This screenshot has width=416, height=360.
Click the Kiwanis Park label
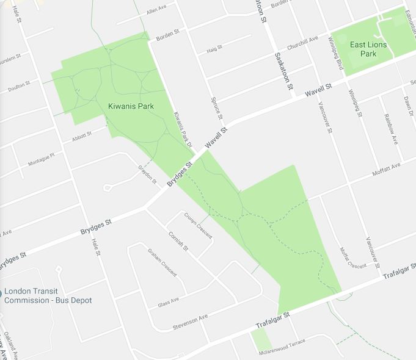(130, 106)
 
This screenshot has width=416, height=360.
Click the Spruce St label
(217, 107)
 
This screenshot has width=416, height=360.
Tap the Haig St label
(216, 49)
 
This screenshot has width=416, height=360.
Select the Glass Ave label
(168, 301)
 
